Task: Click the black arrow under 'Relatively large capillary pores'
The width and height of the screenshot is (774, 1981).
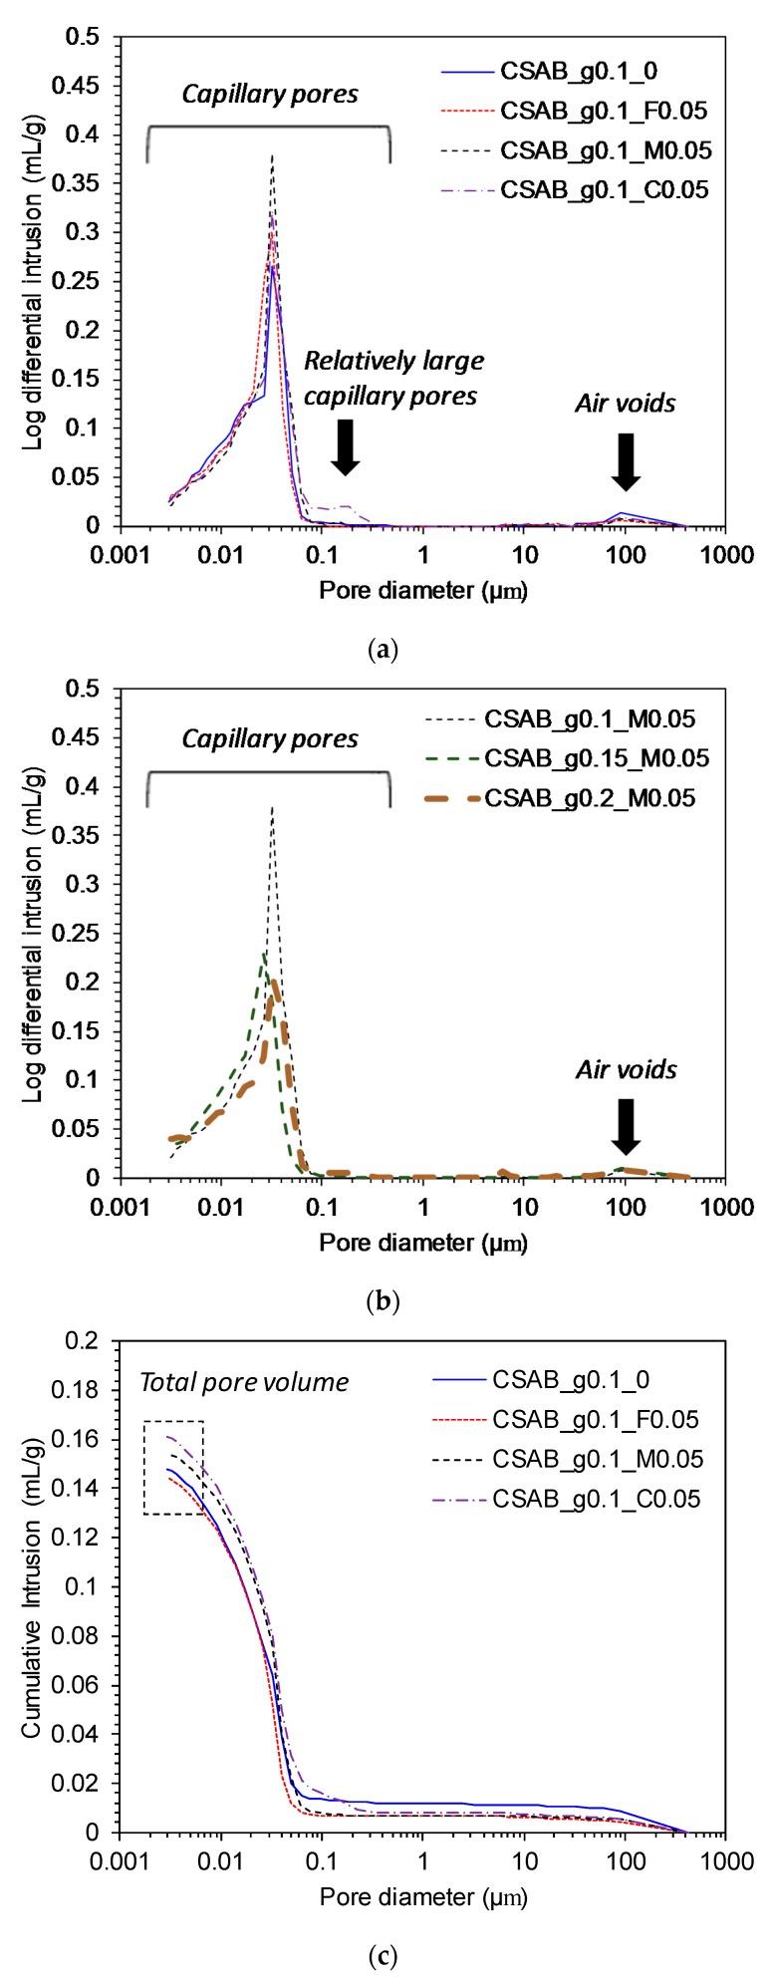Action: (x=345, y=445)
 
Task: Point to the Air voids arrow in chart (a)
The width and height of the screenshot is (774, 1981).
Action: (x=626, y=460)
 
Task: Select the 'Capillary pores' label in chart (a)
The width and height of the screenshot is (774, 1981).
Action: (x=269, y=95)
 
